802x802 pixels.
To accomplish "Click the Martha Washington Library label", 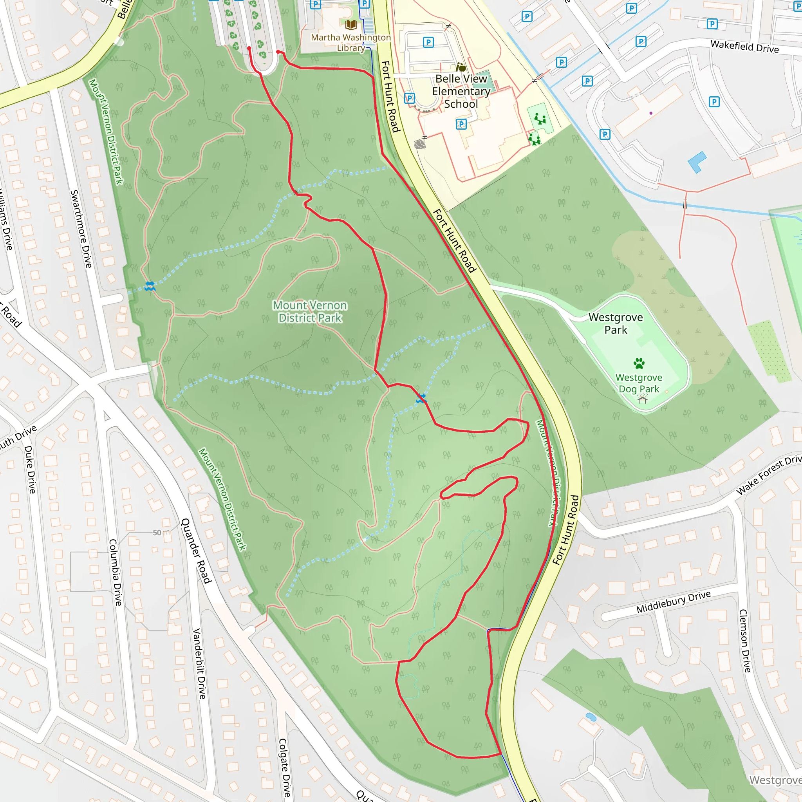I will [351, 43].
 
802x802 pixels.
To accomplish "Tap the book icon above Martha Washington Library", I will [351, 25].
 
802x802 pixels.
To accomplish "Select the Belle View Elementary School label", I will [461, 91].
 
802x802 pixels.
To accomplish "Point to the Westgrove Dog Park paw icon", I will [639, 364].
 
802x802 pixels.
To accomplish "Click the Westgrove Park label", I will [616, 323].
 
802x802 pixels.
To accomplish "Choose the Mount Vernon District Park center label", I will [310, 311].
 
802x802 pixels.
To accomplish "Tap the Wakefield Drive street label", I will [744, 47].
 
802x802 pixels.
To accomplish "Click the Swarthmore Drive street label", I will [81, 229].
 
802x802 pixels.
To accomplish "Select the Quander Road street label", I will [196, 551].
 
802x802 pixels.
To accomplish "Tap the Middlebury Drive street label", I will [673, 602].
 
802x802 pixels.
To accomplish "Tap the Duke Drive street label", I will [30, 469].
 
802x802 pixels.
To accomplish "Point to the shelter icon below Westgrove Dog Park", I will [643, 399].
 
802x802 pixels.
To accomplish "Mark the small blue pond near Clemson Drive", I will [590, 717].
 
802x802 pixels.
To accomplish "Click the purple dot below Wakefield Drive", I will [651, 113].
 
